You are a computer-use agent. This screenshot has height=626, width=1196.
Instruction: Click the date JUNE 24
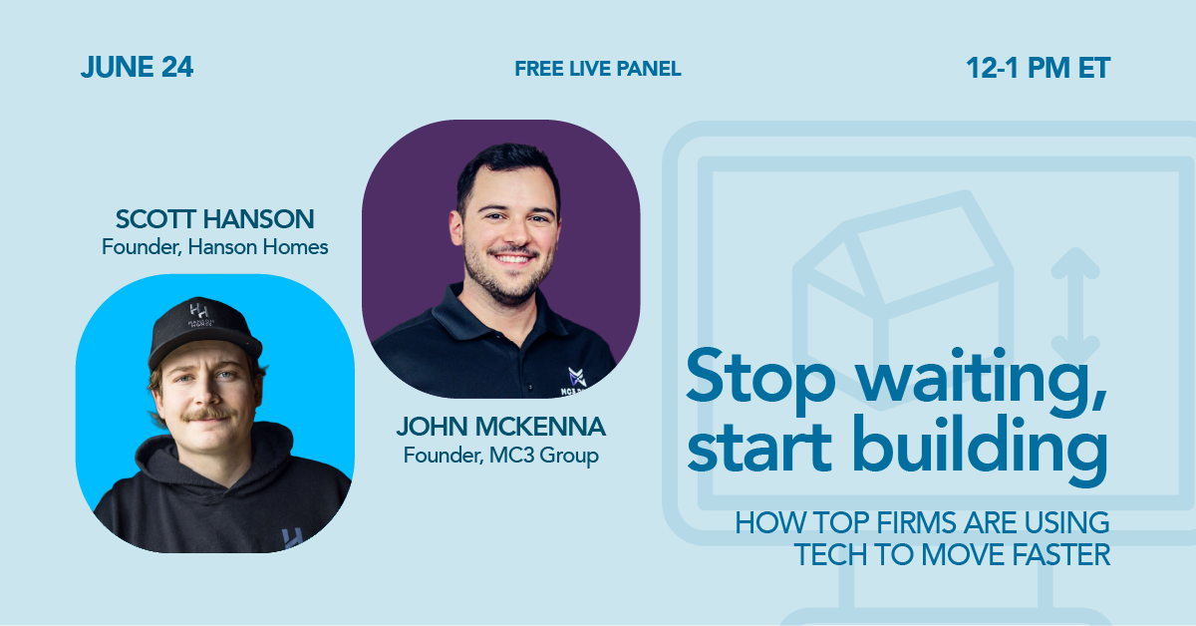click(138, 68)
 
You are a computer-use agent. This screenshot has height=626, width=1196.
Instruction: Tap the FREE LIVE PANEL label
click(598, 69)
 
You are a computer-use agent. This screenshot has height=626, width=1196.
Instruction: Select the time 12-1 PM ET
click(1038, 69)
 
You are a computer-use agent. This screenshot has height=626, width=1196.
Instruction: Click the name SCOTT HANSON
click(214, 219)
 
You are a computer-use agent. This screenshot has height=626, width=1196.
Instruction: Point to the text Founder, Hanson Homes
click(214, 247)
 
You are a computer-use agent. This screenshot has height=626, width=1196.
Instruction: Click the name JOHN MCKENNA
click(500, 427)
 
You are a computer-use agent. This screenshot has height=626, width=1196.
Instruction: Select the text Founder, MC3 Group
click(500, 456)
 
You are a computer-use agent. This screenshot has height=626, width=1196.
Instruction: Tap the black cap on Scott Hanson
click(204, 330)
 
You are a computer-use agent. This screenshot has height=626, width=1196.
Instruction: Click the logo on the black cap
click(199, 315)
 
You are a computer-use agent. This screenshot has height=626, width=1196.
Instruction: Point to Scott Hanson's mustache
click(209, 414)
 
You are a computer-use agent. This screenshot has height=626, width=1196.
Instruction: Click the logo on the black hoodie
click(291, 538)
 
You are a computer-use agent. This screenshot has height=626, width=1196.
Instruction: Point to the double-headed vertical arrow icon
click(1075, 304)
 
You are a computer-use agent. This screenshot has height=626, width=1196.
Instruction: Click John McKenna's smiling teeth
click(512, 259)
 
